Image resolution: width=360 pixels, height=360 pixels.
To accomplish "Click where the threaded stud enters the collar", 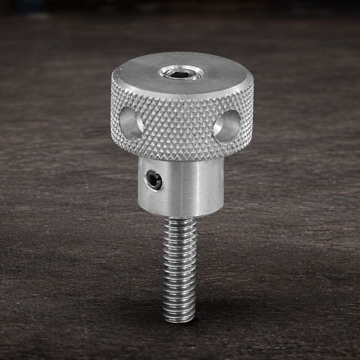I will [179, 218].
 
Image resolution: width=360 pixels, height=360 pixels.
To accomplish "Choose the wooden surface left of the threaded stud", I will [90, 270].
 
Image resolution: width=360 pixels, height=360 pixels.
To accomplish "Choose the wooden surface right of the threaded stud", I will [270, 270].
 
